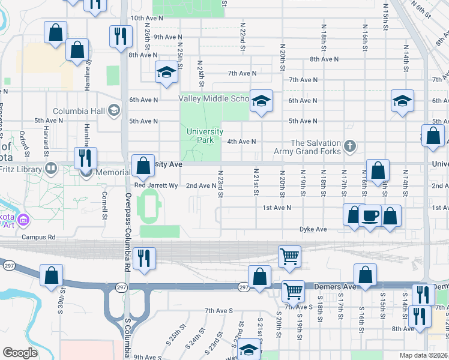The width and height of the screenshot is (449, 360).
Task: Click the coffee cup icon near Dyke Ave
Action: tap(370, 215)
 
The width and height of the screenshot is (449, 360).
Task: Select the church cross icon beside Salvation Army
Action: tap(350, 145)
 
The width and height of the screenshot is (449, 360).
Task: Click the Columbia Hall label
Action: tap(79, 111)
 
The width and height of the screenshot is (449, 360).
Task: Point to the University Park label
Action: tap(205, 136)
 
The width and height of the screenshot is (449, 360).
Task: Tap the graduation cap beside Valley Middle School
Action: tap(261, 100)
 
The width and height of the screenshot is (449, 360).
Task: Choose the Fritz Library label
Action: tap(23, 169)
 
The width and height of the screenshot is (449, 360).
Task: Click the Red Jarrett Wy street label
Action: tap(155, 185)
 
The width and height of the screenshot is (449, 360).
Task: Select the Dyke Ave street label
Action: tap(313, 229)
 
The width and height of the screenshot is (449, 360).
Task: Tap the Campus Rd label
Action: tap(38, 237)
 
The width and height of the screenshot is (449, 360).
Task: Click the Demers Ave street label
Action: tap(336, 287)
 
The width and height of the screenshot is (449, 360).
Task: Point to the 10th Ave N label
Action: tap(146, 19)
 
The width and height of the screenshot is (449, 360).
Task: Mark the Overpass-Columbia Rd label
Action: tap(128, 223)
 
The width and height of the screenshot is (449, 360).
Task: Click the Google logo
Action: tap(20, 352)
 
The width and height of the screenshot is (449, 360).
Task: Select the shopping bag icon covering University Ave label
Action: tap(143, 166)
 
